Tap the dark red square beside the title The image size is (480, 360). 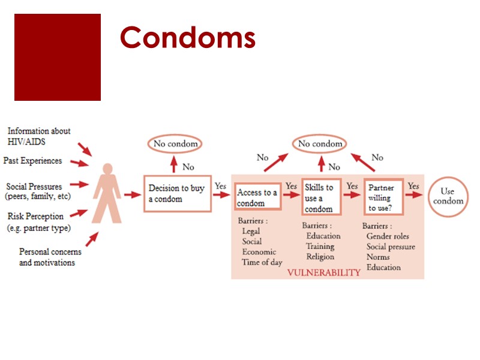58,57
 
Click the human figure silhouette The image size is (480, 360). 108,193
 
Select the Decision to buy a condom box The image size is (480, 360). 177,193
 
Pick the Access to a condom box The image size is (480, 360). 258,197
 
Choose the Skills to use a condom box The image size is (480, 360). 321,197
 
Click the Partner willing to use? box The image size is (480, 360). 383,197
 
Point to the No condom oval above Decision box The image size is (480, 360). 175,144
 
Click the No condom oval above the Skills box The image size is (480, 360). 320,144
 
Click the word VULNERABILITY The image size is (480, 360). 323,272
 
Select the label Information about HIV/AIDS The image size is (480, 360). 39,136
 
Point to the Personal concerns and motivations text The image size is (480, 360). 47,257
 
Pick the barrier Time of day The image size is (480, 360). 262,262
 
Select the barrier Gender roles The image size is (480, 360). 387,236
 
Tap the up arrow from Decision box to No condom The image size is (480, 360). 174,163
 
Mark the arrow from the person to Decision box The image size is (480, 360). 132,194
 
